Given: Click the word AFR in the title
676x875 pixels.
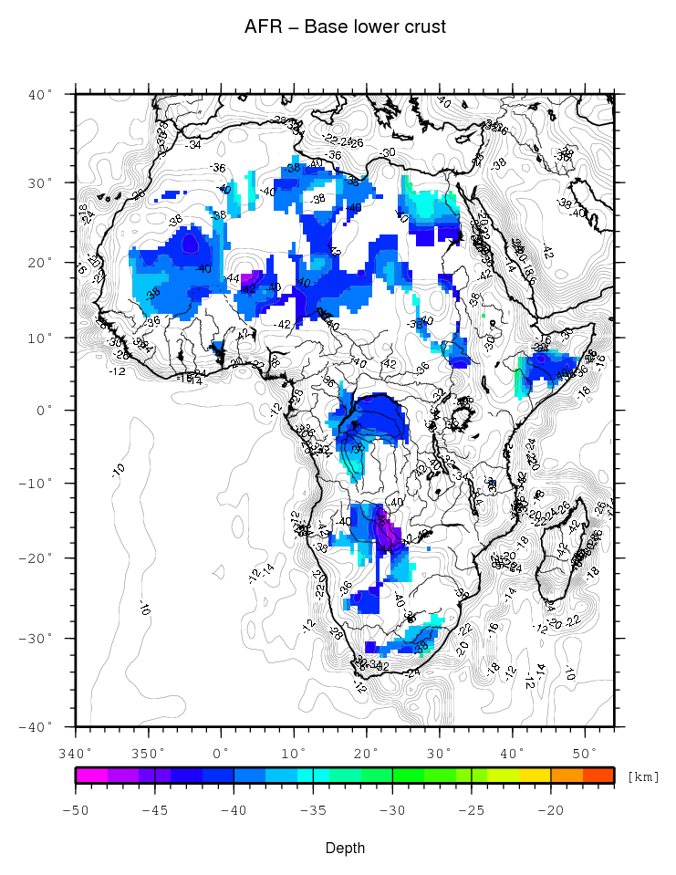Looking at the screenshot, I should tap(261, 27).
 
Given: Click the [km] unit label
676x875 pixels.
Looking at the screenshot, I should tap(643, 776).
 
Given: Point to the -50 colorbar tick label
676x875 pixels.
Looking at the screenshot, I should tap(76, 808).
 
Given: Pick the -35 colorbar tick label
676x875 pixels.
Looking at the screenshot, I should tap(313, 808).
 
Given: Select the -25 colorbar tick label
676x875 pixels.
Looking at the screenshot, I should tap(472, 808).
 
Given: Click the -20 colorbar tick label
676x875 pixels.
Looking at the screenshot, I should tap(550, 808).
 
